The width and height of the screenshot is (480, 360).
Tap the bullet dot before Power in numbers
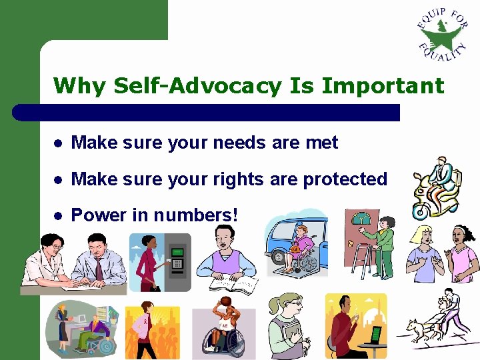tap(59, 216)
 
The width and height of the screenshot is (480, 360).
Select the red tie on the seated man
tap(99, 267)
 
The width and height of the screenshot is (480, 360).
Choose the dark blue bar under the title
tap(207, 112)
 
